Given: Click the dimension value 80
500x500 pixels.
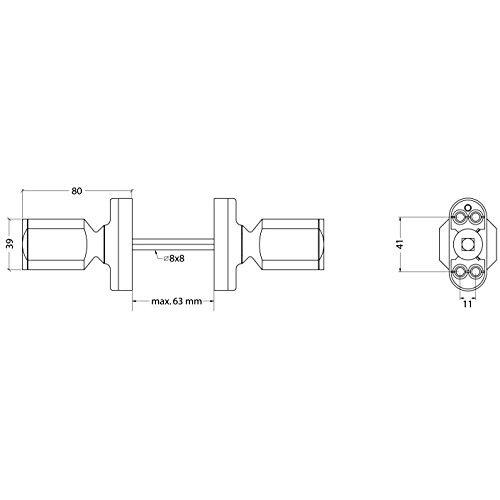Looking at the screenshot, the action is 76,191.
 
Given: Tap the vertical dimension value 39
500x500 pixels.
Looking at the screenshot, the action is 11,244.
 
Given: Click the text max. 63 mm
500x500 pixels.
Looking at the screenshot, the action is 177,301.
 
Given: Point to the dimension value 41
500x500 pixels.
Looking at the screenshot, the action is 401,244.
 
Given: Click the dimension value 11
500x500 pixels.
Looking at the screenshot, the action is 467,304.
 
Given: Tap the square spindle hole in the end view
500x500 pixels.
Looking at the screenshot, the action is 467,245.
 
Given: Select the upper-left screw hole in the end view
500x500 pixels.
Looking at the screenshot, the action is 460,218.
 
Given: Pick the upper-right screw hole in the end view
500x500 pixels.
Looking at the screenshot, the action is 474,218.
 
